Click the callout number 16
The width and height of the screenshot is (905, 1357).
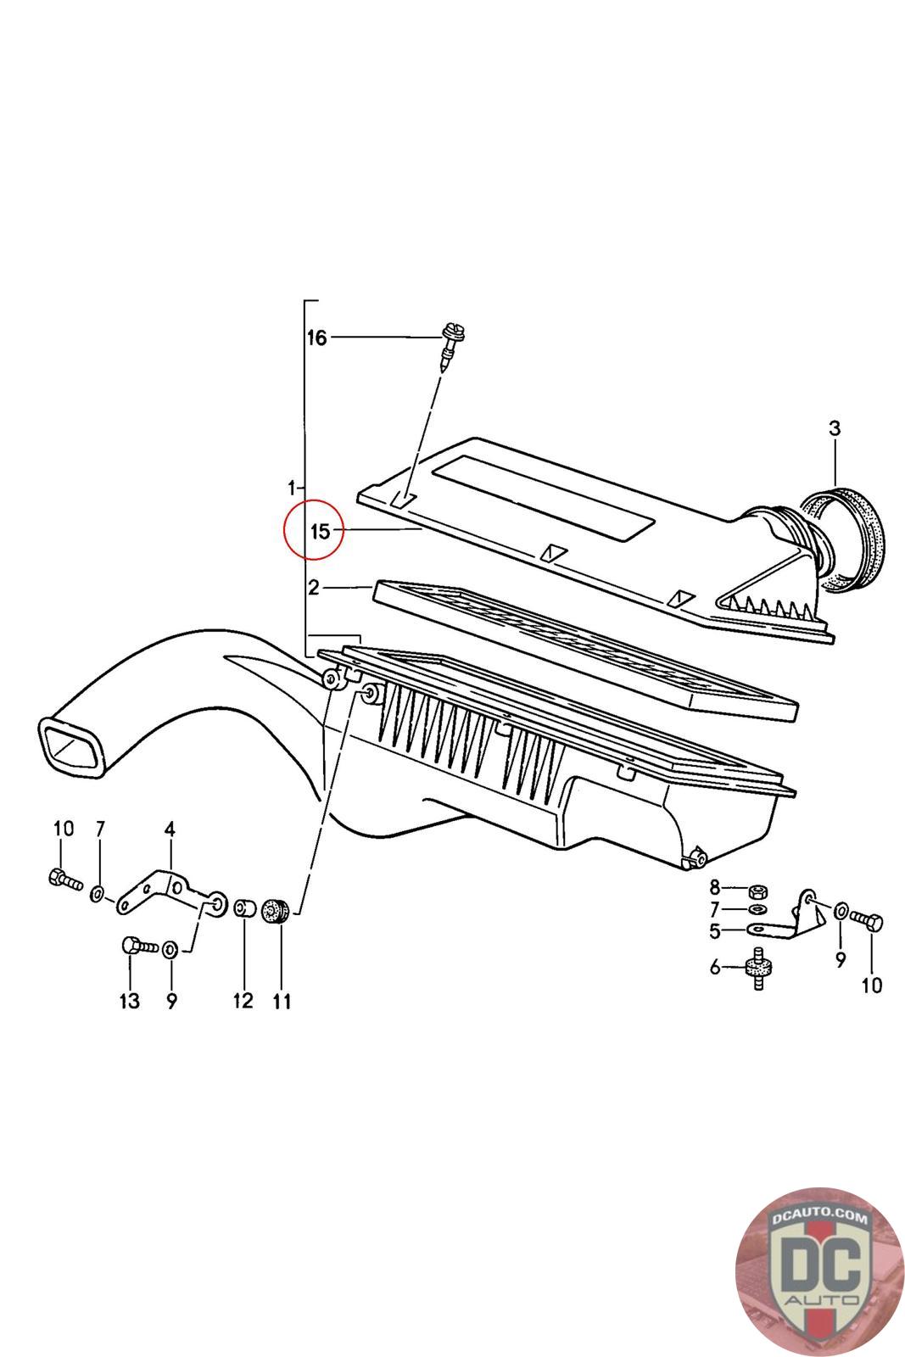pyautogui.click(x=316, y=338)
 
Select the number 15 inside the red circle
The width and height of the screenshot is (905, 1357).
pyautogui.click(x=320, y=532)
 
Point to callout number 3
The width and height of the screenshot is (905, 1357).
pyautogui.click(x=835, y=428)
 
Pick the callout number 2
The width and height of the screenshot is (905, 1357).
pyautogui.click(x=314, y=587)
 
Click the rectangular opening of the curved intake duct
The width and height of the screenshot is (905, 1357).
pyautogui.click(x=74, y=746)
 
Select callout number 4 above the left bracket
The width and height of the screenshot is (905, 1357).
pyautogui.click(x=170, y=829)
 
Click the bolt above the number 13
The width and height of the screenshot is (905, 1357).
pyautogui.click(x=138, y=946)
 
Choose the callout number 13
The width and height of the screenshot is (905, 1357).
pyautogui.click(x=129, y=1002)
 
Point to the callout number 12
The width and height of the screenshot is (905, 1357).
pyautogui.click(x=243, y=1001)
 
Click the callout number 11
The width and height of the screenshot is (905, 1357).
pyautogui.click(x=282, y=1002)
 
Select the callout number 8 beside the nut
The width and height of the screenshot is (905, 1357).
pyautogui.click(x=714, y=888)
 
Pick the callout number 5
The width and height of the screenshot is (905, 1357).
pyautogui.click(x=715, y=930)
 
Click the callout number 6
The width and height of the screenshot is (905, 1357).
pyautogui.click(x=714, y=967)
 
